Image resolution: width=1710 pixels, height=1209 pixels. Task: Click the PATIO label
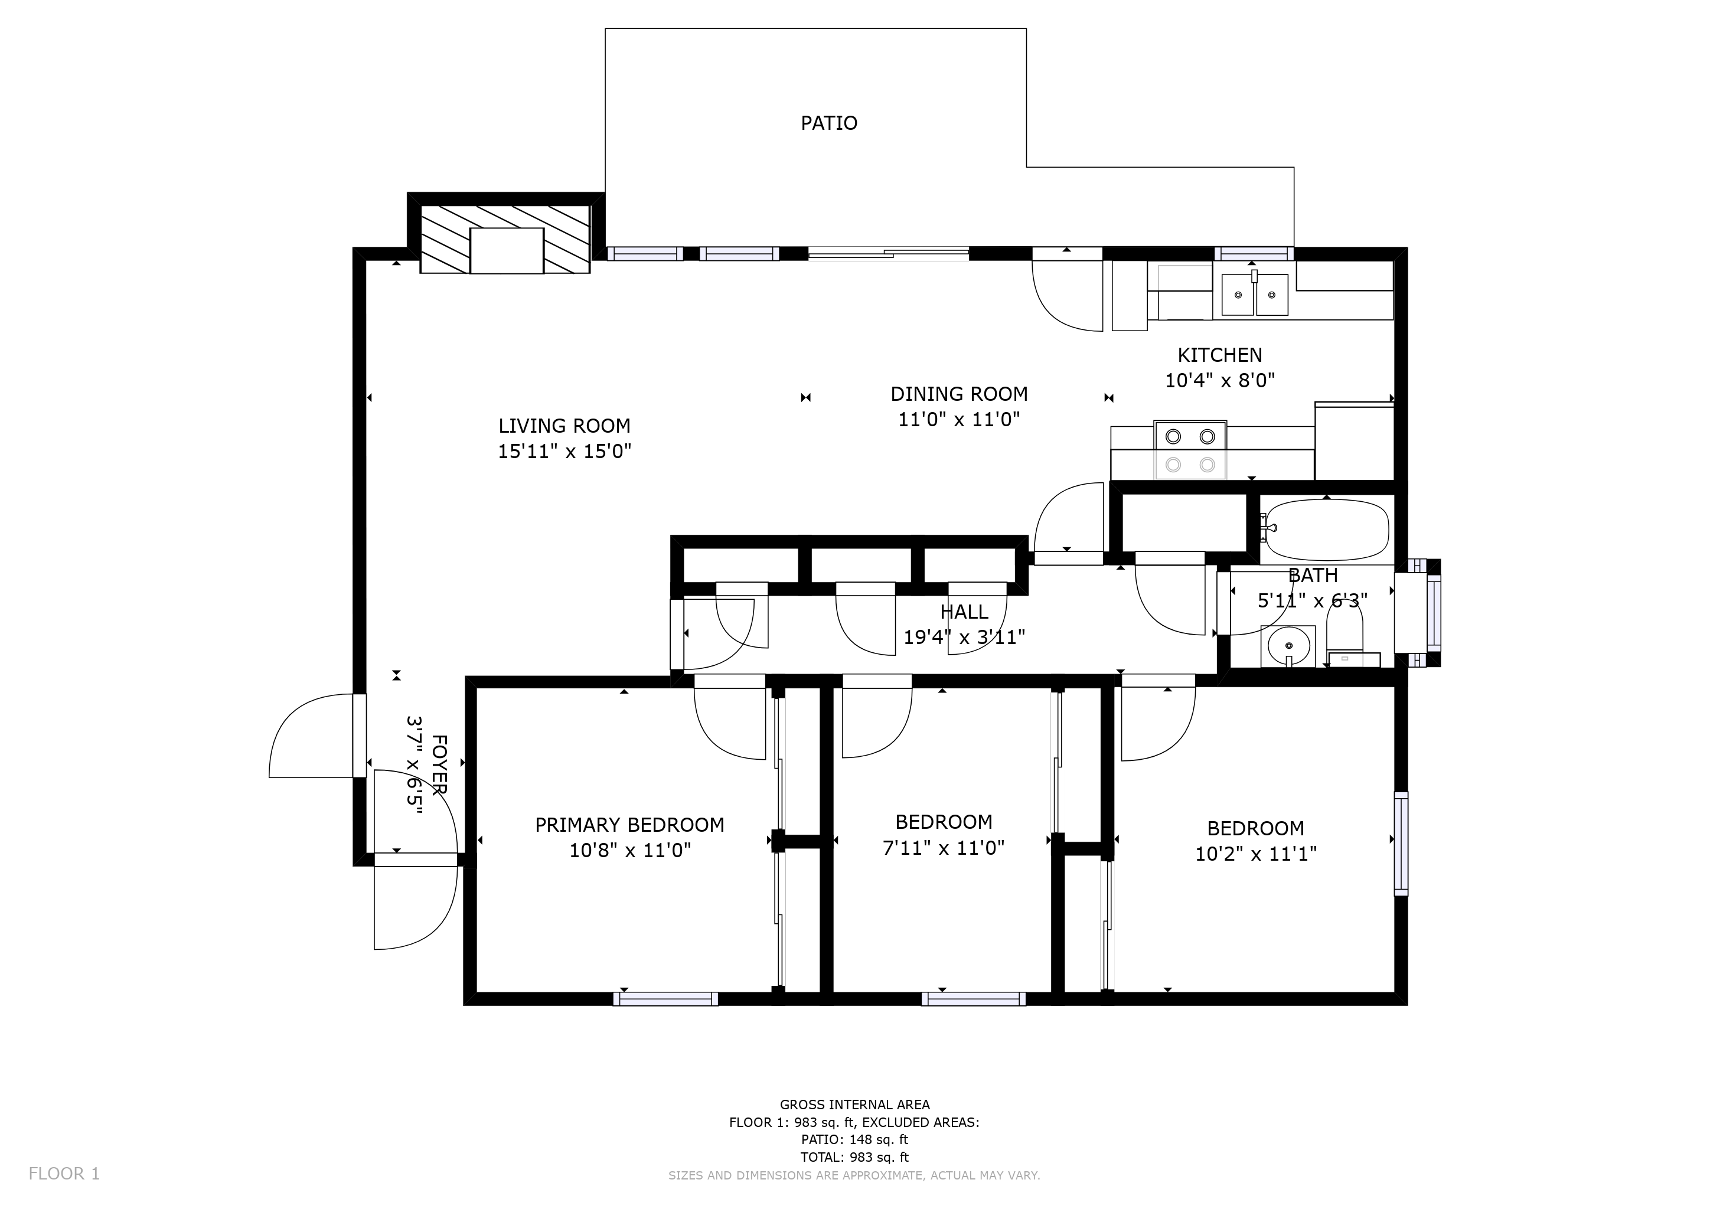829,123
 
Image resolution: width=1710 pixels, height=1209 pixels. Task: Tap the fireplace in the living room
505,240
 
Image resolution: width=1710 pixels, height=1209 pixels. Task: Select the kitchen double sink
1255,294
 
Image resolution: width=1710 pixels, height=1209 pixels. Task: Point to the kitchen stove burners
1190,450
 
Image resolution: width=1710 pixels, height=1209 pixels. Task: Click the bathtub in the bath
1327,530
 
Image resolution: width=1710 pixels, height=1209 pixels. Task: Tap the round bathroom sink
1288,645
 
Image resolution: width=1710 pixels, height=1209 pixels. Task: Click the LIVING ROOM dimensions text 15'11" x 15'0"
564,451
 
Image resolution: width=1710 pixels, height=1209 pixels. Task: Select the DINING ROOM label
960,394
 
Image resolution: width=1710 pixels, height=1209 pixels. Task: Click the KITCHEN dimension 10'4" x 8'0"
1220,380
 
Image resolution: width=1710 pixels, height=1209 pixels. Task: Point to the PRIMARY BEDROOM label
629,825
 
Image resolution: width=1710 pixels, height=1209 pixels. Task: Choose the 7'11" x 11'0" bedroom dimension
944,847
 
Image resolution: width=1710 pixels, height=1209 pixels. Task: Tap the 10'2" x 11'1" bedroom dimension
1256,853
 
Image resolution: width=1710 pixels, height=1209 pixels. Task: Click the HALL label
964,612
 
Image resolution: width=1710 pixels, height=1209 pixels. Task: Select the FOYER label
439,764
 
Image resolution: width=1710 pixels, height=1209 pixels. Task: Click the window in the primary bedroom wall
666,999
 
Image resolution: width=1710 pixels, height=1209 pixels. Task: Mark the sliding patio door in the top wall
889,254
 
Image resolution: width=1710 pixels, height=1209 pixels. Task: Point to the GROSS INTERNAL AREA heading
854,1105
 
